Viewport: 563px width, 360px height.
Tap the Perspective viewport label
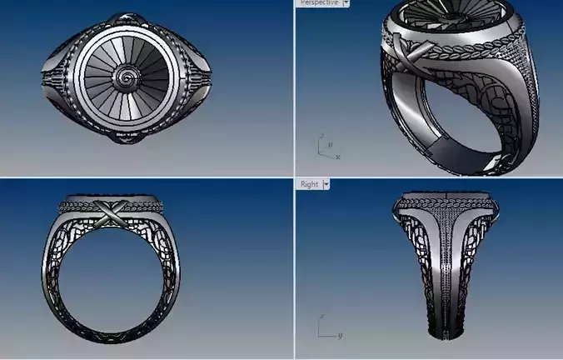click(319, 3)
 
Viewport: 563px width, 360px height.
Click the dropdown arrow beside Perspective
click(346, 3)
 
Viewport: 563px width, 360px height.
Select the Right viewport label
click(309, 183)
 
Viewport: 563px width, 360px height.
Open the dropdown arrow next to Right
click(326, 183)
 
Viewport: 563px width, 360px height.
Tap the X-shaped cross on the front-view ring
click(107, 213)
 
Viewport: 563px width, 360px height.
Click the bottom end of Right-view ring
click(448, 335)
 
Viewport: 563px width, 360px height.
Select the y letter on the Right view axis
click(340, 335)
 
